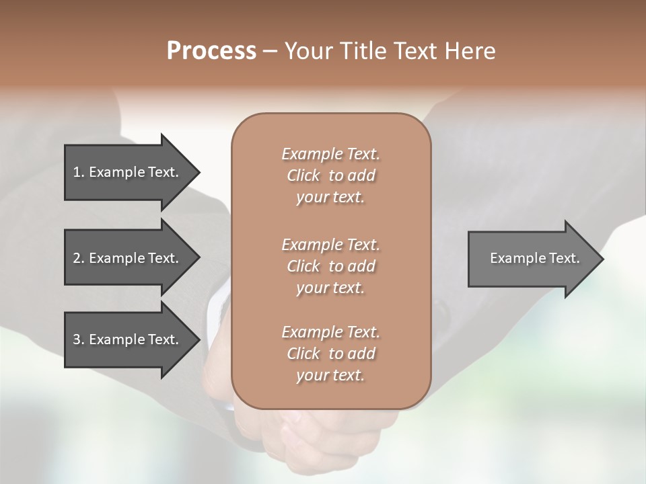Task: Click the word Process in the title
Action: [211, 51]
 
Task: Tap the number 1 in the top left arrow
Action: [77, 172]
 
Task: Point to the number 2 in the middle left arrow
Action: [77, 258]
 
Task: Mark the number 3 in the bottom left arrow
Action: [77, 339]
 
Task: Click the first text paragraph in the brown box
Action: [330, 175]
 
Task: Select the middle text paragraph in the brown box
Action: [330, 266]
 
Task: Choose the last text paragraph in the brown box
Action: [330, 354]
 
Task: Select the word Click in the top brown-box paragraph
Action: [303, 176]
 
